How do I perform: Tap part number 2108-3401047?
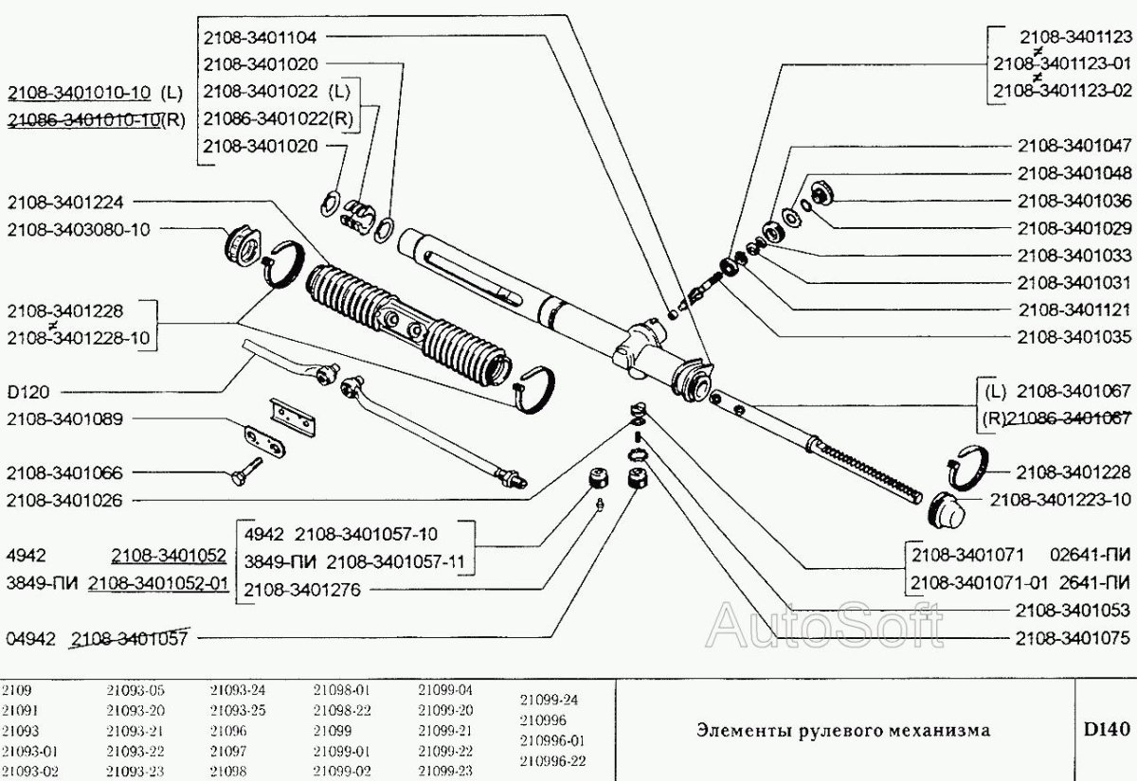pyautogui.click(x=1073, y=147)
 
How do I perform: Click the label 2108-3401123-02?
pyautogui.click(x=1061, y=91)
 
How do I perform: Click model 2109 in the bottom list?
pyautogui.click(x=16, y=689)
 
